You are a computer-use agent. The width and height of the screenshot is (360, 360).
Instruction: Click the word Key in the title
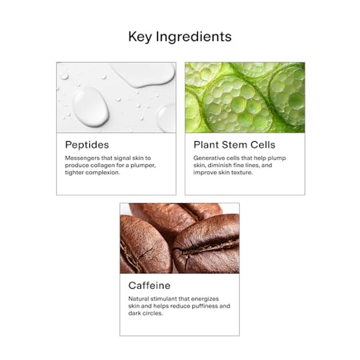point(139,37)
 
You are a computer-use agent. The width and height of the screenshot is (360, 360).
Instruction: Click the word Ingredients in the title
point(194,37)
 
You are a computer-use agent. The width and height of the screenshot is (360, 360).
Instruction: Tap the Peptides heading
point(87,145)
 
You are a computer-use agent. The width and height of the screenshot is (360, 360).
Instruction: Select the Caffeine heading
point(149,285)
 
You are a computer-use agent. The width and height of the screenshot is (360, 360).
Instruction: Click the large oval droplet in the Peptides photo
point(90,106)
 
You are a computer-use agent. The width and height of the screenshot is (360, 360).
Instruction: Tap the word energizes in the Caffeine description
point(205,299)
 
